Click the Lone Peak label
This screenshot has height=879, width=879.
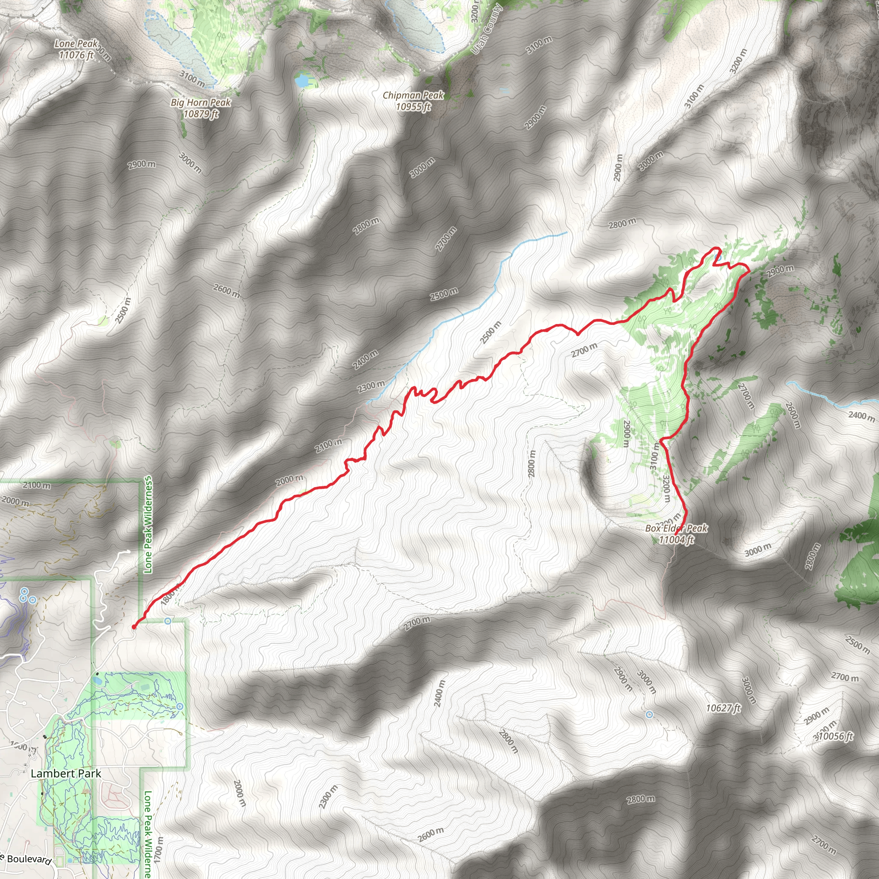pos(76,44)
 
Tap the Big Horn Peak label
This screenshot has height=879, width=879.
pos(200,103)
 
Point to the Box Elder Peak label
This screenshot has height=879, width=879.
pos(676,528)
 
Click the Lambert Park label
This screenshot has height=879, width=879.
pos(66,773)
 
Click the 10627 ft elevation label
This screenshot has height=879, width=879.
pos(723,708)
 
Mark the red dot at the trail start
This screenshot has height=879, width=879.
pos(134,627)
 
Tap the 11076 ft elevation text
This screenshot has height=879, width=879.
pos(76,55)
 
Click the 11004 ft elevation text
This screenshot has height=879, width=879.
pos(676,540)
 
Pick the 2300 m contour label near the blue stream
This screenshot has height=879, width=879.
pos(371,387)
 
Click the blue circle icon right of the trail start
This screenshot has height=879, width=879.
pos(168,621)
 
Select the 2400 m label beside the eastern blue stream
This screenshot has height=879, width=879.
pos(861,415)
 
